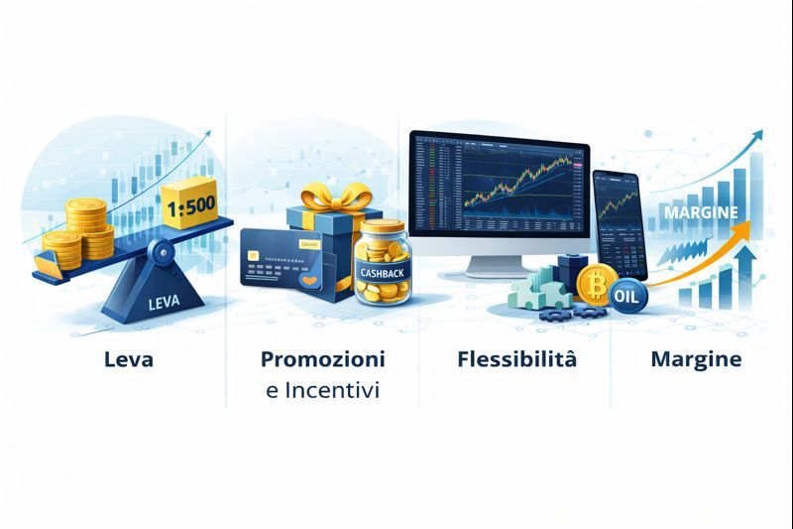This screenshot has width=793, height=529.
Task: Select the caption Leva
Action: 128,359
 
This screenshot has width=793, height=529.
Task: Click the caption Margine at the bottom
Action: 695,359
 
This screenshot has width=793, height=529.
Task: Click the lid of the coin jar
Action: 382,228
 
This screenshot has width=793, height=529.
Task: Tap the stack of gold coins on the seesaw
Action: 85,228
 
